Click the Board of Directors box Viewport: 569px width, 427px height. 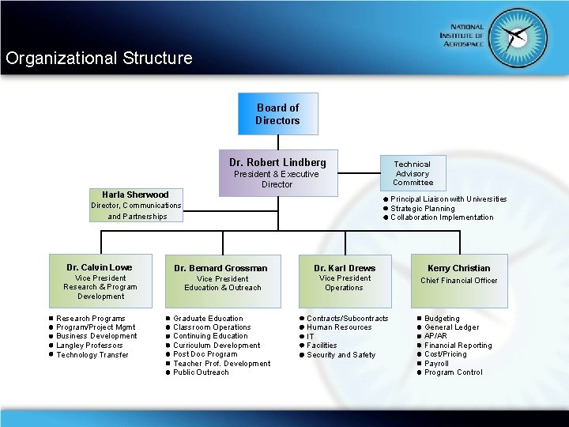pyautogui.click(x=277, y=114)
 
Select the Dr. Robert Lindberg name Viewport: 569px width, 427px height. pyautogui.click(x=277, y=162)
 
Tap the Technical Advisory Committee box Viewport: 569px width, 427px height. pyautogui.click(x=413, y=173)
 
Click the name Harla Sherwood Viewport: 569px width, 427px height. pyautogui.click(x=135, y=195)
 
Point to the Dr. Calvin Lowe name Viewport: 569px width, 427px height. pyautogui.click(x=100, y=267)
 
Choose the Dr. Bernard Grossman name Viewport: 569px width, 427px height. pyautogui.click(x=221, y=268)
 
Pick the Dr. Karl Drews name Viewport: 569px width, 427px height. pyautogui.click(x=345, y=268)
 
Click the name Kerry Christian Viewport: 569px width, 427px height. pyautogui.click(x=458, y=268)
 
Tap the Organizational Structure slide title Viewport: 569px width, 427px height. pyautogui.click(x=99, y=59)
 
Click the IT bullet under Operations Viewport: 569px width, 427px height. pyautogui.click(x=311, y=337)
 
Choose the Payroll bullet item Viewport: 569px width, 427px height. pyautogui.click(x=437, y=364)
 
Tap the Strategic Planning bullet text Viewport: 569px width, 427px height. pyautogui.click(x=423, y=209)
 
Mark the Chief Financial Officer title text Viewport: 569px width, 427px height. pyautogui.click(x=458, y=281)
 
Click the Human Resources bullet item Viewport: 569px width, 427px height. pyautogui.click(x=339, y=327)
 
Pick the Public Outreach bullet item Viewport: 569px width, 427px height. pyautogui.click(x=201, y=372)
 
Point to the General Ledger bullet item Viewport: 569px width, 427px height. pyautogui.click(x=451, y=327)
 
